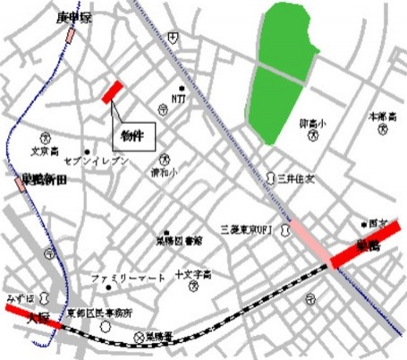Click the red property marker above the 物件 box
click(x=112, y=91)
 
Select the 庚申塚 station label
click(x=74, y=17)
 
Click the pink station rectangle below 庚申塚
click(x=69, y=36)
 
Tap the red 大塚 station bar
click(x=30, y=315)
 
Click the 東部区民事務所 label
click(x=99, y=313)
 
